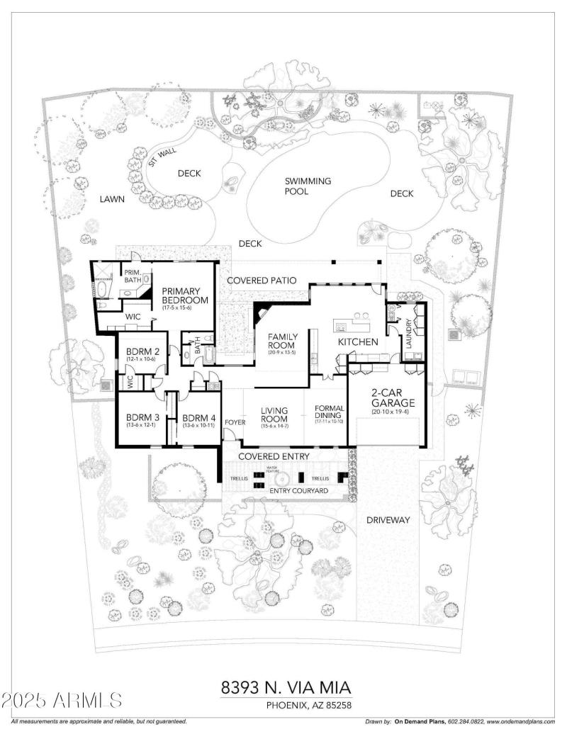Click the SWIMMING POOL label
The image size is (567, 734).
308,186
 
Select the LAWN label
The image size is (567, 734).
112,199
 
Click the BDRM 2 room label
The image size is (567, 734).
142,352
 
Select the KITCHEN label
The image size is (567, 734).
358,342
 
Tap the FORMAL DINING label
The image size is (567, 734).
329,413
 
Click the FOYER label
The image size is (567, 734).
235,422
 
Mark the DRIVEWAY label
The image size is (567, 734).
388,520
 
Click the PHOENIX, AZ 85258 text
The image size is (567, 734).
309,705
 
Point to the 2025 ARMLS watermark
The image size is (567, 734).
62,701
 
